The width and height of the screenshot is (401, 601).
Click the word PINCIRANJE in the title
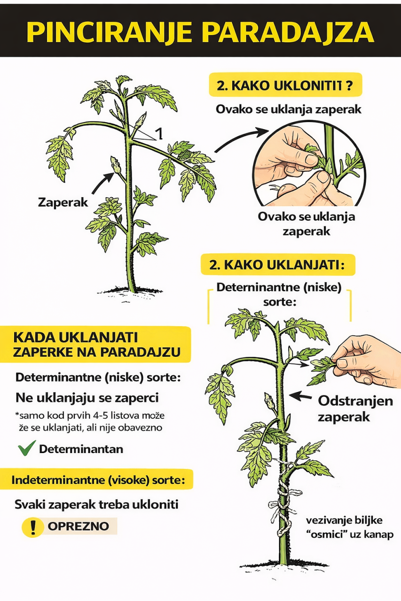(x=109, y=33)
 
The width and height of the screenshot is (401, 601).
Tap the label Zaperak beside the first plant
(x=63, y=202)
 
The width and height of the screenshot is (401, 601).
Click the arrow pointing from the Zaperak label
(x=103, y=183)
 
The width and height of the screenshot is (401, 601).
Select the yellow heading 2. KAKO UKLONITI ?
(x=285, y=85)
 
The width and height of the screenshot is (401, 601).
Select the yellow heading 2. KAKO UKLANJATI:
(x=278, y=265)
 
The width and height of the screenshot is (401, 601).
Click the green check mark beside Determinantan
(x=27, y=448)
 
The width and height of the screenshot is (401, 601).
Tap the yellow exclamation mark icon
(x=33, y=526)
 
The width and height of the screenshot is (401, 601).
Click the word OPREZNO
(x=79, y=526)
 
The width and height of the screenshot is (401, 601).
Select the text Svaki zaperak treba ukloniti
(x=96, y=504)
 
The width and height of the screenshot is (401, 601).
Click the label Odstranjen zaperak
(x=355, y=409)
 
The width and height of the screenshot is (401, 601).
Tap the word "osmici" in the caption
(x=325, y=534)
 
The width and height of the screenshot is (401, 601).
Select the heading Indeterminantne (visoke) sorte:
(x=98, y=480)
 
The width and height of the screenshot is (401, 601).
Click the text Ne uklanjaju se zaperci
(x=87, y=398)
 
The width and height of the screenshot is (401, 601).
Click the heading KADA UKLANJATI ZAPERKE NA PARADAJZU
(x=97, y=345)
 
